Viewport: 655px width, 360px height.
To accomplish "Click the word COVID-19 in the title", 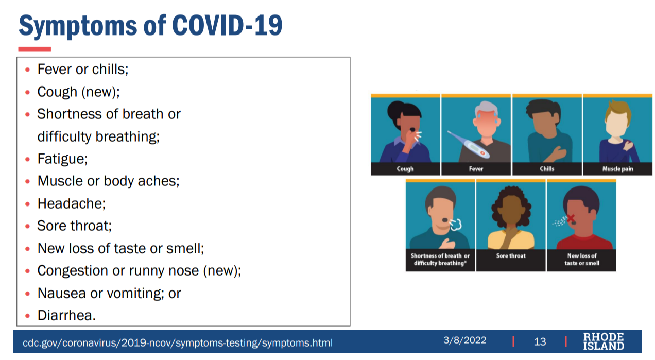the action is (227, 26).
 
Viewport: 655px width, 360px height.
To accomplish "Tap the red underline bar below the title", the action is (35, 49).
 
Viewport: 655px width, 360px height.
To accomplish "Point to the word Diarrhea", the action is (66, 315).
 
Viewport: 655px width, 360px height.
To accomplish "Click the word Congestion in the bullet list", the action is (73, 271).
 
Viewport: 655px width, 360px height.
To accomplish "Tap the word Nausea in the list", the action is (61, 293).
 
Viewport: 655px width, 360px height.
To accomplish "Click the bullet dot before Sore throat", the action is (27, 226).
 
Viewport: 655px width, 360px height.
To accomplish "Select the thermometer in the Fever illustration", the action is (469, 145).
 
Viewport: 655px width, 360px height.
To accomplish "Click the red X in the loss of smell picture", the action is (571, 218).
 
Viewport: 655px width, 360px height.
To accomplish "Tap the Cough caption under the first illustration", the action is (405, 169).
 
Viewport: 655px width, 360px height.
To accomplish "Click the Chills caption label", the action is (547, 169).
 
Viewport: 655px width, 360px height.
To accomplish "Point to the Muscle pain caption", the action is (617, 169).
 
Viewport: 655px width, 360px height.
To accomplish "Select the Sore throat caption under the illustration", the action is (510, 255).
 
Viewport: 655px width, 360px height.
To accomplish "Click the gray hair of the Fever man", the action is (486, 109).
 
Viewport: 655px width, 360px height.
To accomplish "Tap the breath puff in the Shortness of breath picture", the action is (456, 225).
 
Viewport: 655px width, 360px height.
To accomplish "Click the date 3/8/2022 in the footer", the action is (464, 340).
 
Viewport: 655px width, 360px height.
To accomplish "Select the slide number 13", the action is (540, 341).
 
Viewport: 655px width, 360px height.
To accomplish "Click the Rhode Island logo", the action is (604, 341).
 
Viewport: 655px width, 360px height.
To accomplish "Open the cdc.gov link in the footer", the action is (178, 342).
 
